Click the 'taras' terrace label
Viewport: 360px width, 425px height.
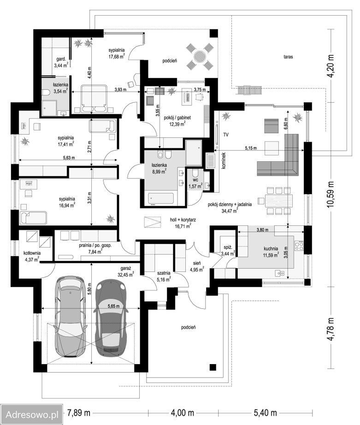(288, 57)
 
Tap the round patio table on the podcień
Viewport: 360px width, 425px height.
(200, 57)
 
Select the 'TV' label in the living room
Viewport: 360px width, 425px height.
(226, 135)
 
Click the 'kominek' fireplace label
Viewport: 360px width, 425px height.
(224, 160)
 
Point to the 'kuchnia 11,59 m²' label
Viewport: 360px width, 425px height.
(271, 252)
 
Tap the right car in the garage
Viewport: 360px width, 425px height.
(111, 318)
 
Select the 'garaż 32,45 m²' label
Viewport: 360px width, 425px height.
(126, 272)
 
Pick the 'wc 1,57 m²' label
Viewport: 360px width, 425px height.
(195, 183)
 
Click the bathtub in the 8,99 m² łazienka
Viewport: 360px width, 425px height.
(161, 199)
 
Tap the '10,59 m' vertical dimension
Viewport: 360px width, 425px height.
(330, 195)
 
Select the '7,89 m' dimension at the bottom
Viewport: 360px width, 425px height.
(79, 413)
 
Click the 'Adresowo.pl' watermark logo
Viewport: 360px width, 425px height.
(32, 414)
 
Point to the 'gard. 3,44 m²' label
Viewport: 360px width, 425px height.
(61, 62)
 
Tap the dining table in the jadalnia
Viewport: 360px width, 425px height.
(279, 201)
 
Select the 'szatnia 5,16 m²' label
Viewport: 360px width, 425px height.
(164, 276)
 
